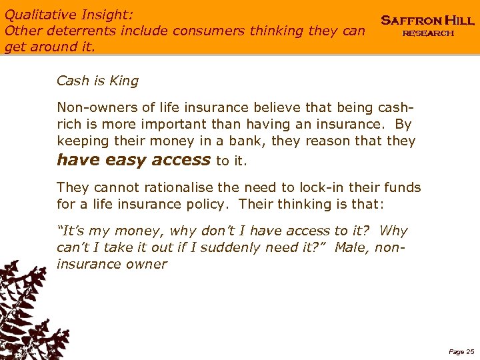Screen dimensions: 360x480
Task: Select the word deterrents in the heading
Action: (70, 30)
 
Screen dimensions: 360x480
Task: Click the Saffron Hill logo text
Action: (427, 21)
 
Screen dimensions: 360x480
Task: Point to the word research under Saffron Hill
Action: (427, 33)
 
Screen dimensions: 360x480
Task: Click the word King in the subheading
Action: (125, 81)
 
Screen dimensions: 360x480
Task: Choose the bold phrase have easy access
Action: (133, 159)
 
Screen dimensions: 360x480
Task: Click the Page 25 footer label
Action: (461, 351)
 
